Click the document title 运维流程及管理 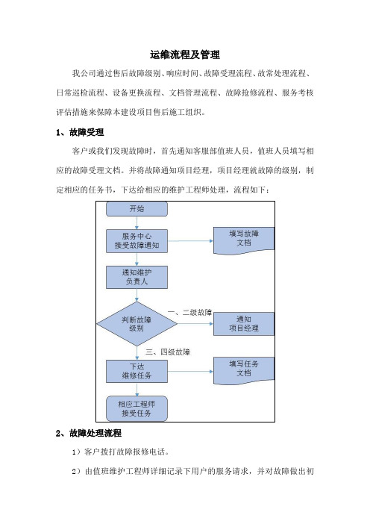pyautogui.click(x=185, y=54)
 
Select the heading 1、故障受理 pyautogui.click(x=80, y=132)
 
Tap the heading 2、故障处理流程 pyautogui.click(x=89, y=433)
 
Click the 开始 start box pyautogui.click(x=137, y=209)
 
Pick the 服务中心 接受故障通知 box pyautogui.click(x=137, y=240)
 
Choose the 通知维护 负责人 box pyautogui.click(x=137, y=277)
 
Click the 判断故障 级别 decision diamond pyautogui.click(x=137, y=324)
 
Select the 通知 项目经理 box pyautogui.click(x=244, y=324)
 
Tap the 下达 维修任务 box pyautogui.click(x=137, y=371)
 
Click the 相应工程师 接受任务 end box pyautogui.click(x=137, y=408)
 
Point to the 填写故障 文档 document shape pyautogui.click(x=244, y=240)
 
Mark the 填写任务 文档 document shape pyautogui.click(x=244, y=371)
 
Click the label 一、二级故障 pyautogui.click(x=189, y=313)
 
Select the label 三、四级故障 pyautogui.click(x=168, y=352)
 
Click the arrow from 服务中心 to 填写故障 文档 pyautogui.click(x=190, y=240)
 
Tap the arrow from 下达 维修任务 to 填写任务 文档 pyautogui.click(x=190, y=371)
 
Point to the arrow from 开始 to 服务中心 pyautogui.click(x=137, y=223)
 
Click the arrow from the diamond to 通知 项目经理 pyautogui.click(x=195, y=324)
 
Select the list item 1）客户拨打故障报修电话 pyautogui.click(x=121, y=452)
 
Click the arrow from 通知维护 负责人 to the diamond pyautogui.click(x=137, y=295)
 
